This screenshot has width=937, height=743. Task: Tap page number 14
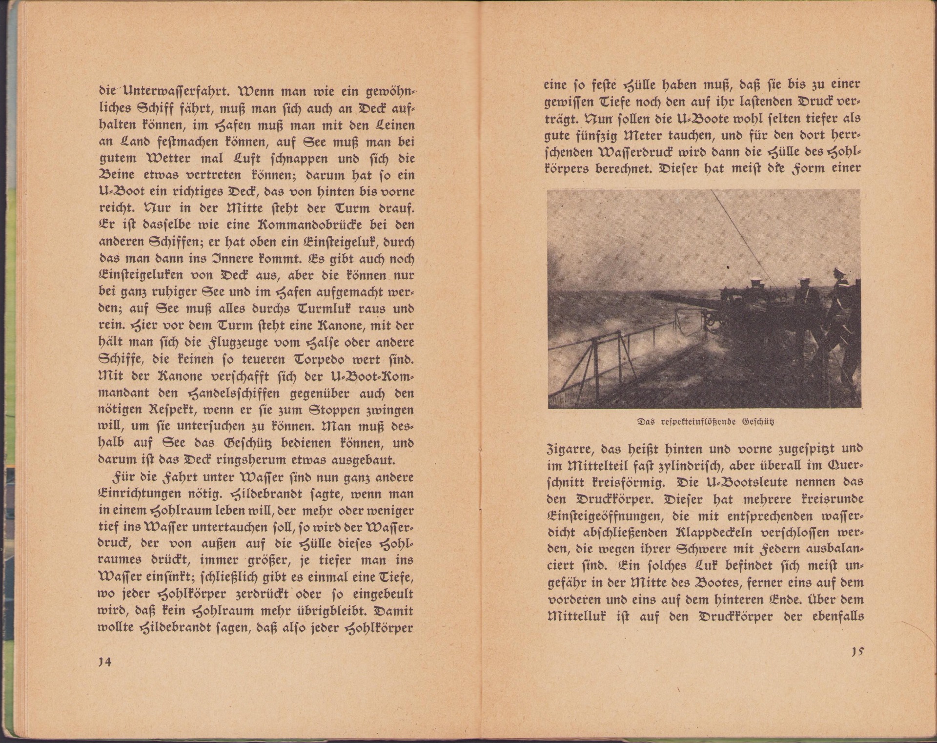(x=105, y=662)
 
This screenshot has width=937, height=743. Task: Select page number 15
(x=856, y=651)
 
